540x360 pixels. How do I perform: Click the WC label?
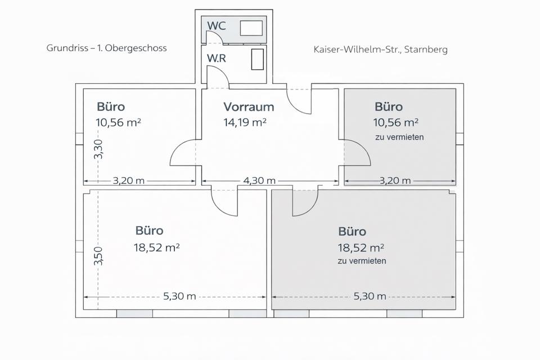(217, 26)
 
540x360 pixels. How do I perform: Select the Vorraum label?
(249, 106)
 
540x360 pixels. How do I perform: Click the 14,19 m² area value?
(245, 121)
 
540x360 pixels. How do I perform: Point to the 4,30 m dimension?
(259, 181)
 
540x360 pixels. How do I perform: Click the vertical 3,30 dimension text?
(99, 149)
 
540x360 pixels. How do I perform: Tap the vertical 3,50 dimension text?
(99, 256)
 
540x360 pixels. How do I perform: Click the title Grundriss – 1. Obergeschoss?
(106, 48)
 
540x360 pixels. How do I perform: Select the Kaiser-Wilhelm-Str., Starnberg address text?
(380, 49)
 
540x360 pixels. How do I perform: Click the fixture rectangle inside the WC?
(251, 28)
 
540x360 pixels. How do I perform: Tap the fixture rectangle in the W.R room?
(257, 59)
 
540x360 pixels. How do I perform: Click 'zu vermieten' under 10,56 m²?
(399, 137)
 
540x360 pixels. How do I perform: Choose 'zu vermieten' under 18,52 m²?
(362, 261)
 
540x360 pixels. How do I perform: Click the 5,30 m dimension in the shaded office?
(370, 296)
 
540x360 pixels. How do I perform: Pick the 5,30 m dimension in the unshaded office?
(179, 296)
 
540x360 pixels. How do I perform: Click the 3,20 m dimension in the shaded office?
(395, 181)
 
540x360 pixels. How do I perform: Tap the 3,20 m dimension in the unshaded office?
(129, 181)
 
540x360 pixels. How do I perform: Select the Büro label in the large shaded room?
(352, 231)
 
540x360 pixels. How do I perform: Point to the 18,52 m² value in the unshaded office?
(157, 246)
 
